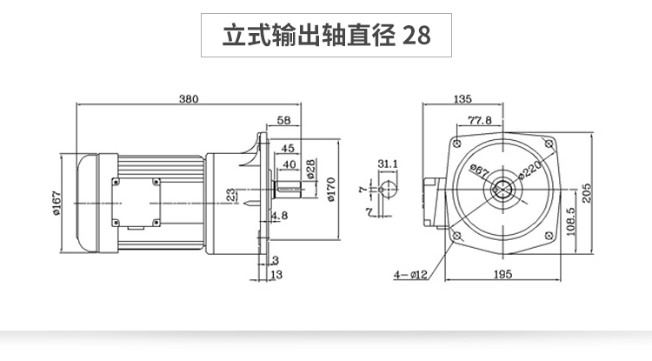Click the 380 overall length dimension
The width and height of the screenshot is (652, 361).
pyautogui.click(x=189, y=98)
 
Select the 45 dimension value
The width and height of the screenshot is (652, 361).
pyautogui.click(x=288, y=148)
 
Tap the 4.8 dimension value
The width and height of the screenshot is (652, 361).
pyautogui.click(x=280, y=215)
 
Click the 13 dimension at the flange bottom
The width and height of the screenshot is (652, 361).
pyautogui.click(x=276, y=275)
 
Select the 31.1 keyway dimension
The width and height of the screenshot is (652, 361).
pyautogui.click(x=389, y=163)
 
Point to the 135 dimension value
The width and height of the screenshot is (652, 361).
pyautogui.click(x=463, y=98)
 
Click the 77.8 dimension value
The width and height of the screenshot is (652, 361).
pyautogui.click(x=480, y=120)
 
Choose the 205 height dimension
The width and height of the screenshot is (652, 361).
pyautogui.click(x=588, y=191)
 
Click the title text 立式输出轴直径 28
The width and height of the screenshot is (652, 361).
pyautogui.click(x=326, y=37)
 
